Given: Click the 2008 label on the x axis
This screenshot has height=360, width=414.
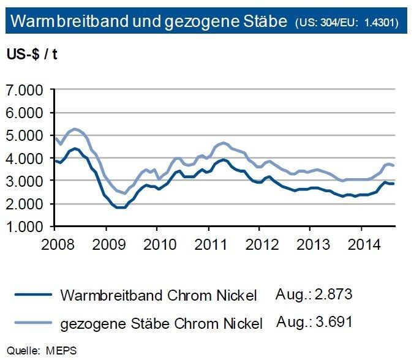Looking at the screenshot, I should click(x=55, y=243).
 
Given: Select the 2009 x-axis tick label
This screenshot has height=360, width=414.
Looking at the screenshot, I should click(x=106, y=243).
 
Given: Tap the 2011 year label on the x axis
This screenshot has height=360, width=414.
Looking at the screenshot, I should click(x=209, y=243).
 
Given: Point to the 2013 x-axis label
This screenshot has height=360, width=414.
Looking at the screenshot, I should click(x=311, y=243).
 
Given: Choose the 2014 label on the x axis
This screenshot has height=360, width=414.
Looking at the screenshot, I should click(x=362, y=243).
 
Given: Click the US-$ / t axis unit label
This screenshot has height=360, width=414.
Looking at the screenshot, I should click(x=32, y=54).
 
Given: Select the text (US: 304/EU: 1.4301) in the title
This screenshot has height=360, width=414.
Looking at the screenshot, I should click(x=347, y=23).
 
